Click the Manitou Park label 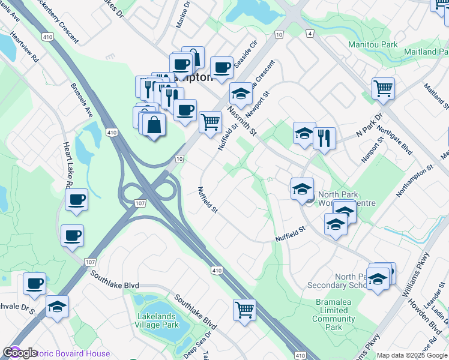(x=373, y=44)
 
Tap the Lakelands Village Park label (x=157, y=320)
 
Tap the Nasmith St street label (x=241, y=120)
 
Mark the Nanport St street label (x=372, y=151)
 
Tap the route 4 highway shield (x=309, y=35)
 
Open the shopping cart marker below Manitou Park (x=383, y=89)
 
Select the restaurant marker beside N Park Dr (x=324, y=138)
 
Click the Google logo (x=20, y=353)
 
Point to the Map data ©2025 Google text (x=412, y=355)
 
